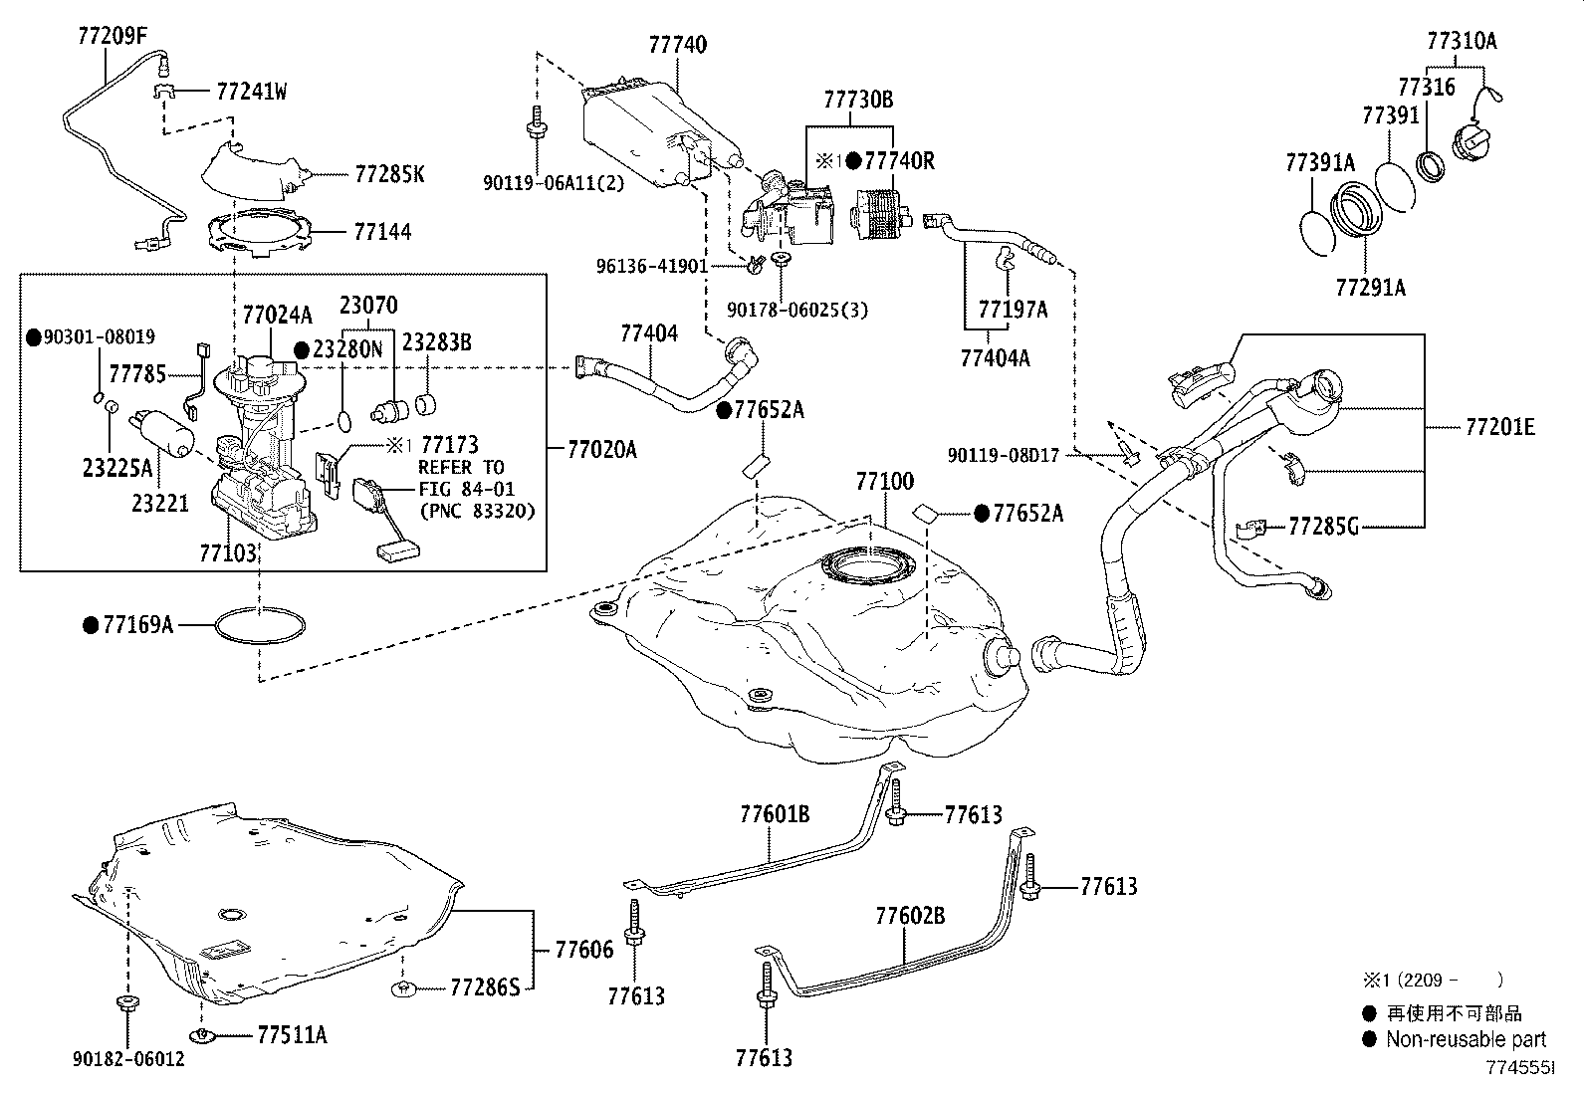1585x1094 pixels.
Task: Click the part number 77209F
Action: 112,37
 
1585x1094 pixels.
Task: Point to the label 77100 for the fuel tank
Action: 884,483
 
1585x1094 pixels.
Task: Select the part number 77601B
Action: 775,814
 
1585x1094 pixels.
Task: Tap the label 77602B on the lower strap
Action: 910,915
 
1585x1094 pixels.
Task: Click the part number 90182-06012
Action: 127,1059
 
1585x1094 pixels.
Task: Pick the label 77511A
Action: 292,1035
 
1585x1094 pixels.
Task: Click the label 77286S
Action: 485,987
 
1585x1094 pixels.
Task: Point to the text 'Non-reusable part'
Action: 1467,1039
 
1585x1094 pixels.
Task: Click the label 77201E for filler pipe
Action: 1499,427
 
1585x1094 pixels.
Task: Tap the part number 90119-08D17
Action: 1004,455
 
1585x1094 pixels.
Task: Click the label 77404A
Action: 996,358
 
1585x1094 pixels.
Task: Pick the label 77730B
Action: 857,100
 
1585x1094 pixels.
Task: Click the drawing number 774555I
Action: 1519,1067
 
